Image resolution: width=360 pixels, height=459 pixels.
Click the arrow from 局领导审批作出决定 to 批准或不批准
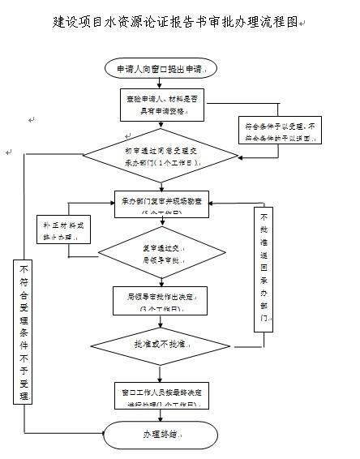[161, 321]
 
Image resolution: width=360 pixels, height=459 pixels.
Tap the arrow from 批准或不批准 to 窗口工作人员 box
[161, 372]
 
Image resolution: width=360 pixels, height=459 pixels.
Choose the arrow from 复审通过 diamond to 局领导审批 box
[161, 280]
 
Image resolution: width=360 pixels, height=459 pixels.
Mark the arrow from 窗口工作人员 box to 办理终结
[161, 414]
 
